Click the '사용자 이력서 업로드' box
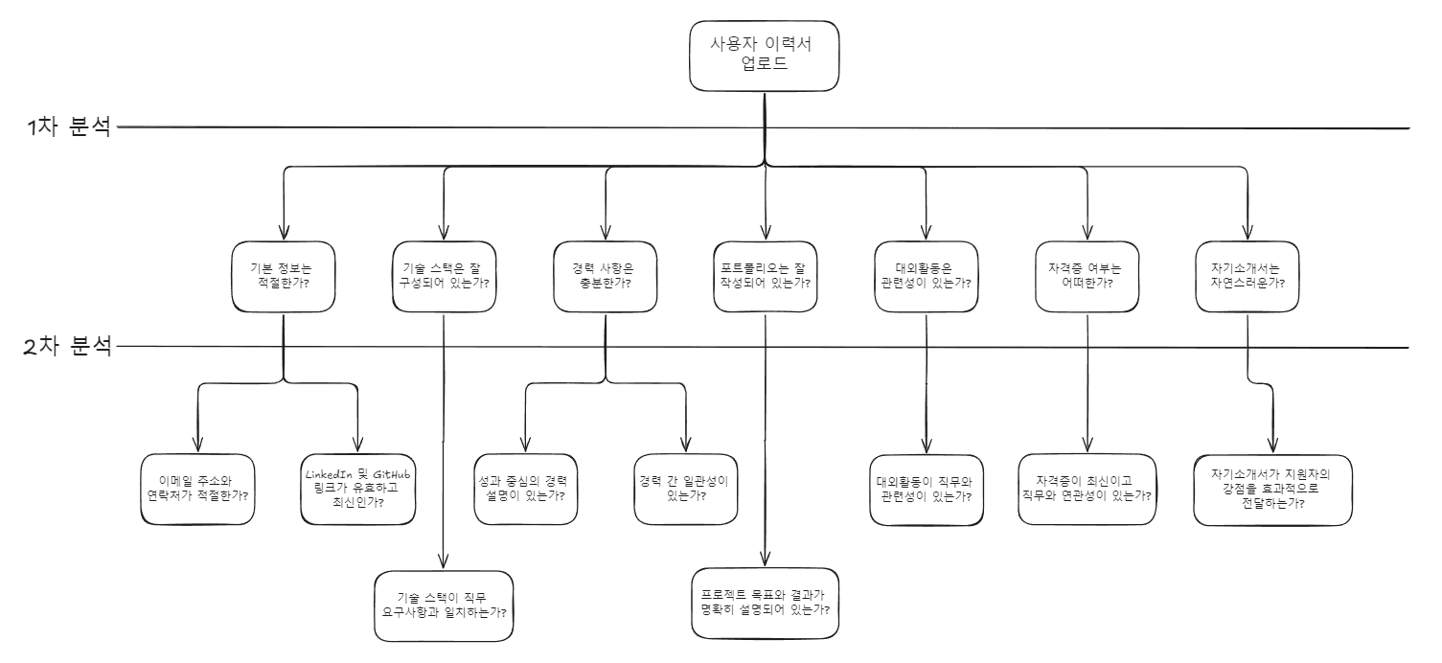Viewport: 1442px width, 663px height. pos(763,54)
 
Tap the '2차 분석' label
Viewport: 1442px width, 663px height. pos(68,346)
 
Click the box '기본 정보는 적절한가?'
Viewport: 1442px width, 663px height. pos(284,276)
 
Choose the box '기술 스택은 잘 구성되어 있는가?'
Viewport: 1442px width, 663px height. pos(446,276)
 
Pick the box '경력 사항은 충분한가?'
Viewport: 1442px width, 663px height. pos(607,276)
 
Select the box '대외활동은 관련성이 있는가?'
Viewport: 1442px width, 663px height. pos(927,276)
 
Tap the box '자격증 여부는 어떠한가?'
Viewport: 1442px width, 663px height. pos(1087,276)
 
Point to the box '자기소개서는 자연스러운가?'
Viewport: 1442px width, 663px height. pos(1247,276)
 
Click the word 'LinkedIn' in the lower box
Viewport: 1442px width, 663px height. pos(330,474)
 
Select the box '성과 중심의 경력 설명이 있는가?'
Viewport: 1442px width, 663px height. pos(525,489)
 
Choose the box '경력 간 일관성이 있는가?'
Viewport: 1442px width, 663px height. pos(686,489)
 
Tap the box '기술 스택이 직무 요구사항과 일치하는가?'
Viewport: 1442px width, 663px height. pos(442,606)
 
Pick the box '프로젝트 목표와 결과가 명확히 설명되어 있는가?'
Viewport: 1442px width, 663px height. pos(765,603)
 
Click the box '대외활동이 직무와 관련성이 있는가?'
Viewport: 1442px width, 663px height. pos(926,489)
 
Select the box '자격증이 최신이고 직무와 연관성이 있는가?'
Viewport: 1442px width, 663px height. pos(1087,489)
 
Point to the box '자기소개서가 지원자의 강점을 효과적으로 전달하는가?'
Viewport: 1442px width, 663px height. pos(1274,490)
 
